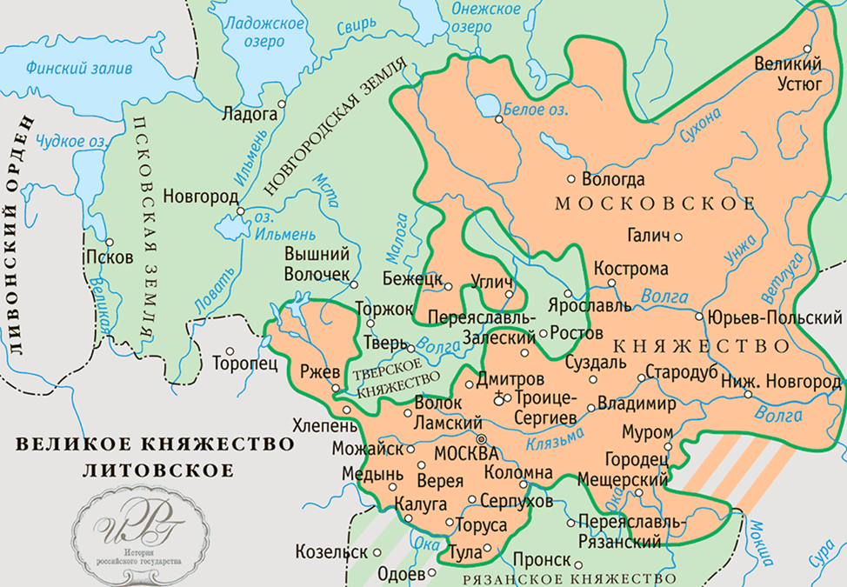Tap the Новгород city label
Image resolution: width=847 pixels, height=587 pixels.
[x=197, y=197]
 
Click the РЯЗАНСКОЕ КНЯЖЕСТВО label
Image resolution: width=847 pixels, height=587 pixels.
[x=570, y=577]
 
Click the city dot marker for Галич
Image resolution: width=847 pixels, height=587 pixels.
[x=678, y=237]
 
